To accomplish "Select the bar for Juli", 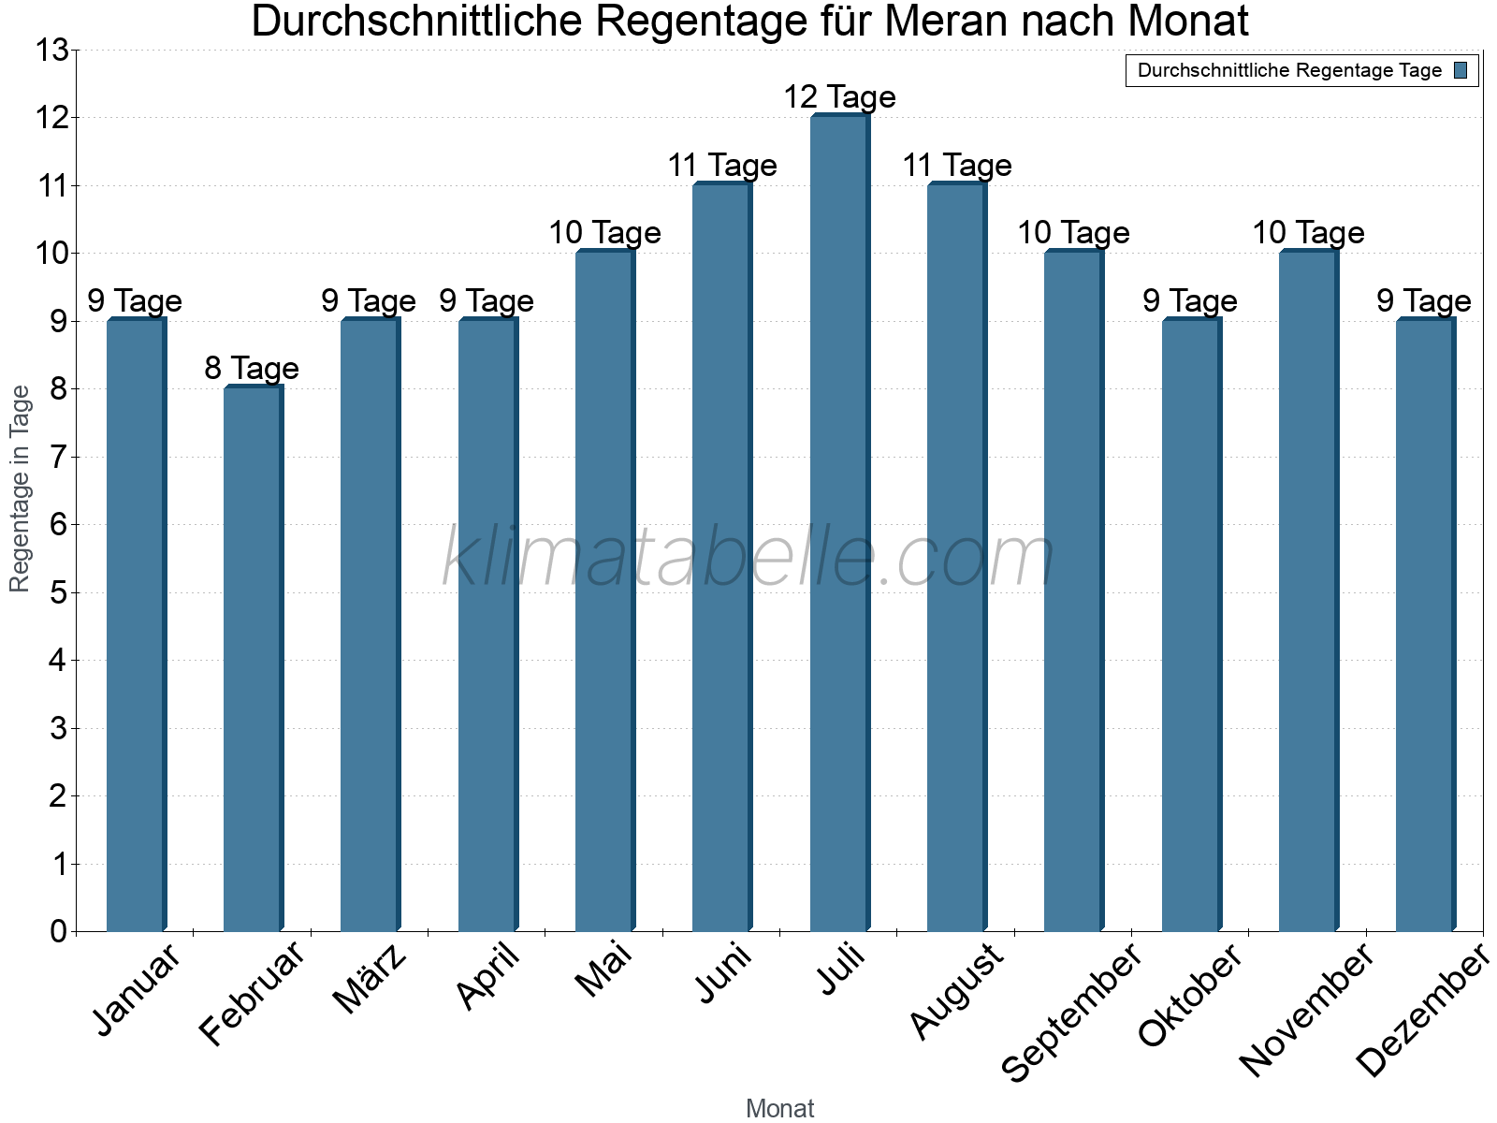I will [x=839, y=524].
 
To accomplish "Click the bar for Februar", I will [x=253, y=660].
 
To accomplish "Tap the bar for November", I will [x=1308, y=591].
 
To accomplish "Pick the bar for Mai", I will [x=604, y=591].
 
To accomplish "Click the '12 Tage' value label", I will [x=839, y=97].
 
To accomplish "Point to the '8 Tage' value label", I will [x=252, y=369].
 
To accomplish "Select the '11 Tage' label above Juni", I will [x=721, y=166].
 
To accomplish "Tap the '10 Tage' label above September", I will [x=1073, y=233].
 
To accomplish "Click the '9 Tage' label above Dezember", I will [x=1423, y=301].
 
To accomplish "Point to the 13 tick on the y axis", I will [x=52, y=51].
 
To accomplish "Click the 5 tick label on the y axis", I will [x=58, y=592].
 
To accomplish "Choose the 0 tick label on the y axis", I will [x=58, y=931].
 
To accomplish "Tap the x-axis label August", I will [x=956, y=992].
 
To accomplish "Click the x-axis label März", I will [x=371, y=980].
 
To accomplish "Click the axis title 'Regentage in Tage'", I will [x=21, y=489].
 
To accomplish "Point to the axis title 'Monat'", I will [x=779, y=1109].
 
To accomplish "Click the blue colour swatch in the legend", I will [x=1461, y=70].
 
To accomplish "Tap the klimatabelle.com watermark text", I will [x=748, y=559].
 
